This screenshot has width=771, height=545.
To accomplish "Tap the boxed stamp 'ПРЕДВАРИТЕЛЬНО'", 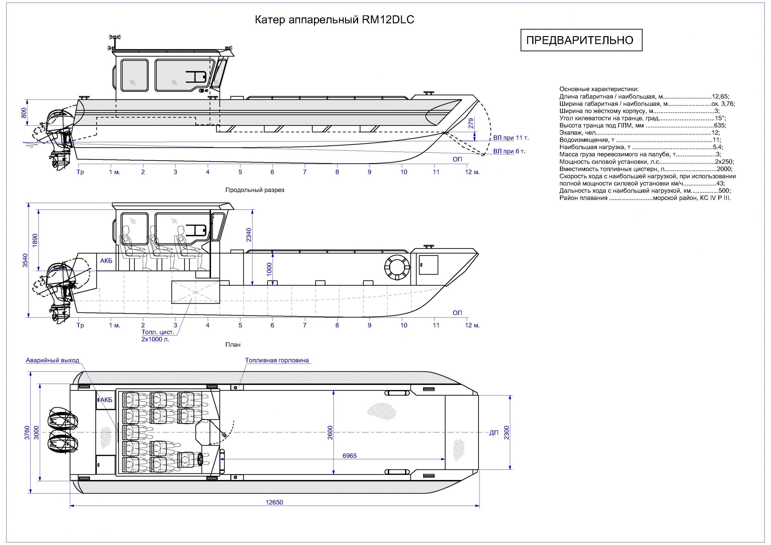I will point(581,40).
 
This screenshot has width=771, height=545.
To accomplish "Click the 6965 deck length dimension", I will point(349,456).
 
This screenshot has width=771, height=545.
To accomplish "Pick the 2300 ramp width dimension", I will point(507,432).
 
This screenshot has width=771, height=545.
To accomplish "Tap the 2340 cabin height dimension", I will point(248,235).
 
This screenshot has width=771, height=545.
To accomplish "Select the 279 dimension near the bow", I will point(471,123).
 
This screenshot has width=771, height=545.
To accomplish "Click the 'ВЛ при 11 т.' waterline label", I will point(511,138).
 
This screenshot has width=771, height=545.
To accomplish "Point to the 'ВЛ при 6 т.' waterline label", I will point(509,151).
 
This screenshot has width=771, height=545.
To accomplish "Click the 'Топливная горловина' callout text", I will point(277,361).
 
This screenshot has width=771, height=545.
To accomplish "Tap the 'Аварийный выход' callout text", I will point(53,361).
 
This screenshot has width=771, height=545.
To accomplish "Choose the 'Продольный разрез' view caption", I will point(254,190).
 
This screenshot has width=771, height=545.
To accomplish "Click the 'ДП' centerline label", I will point(494,433).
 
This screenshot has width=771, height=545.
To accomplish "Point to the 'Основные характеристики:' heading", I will point(599,89).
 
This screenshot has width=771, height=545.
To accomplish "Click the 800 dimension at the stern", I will point(24,113).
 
